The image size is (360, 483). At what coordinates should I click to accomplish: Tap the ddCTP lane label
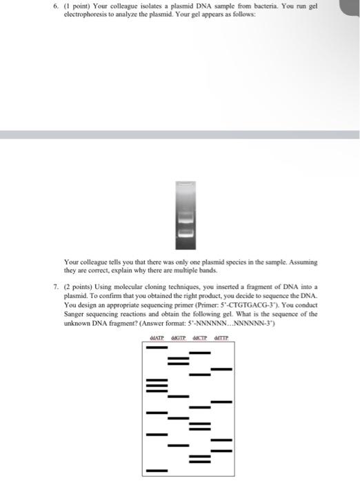200,337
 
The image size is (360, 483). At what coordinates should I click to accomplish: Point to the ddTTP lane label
221,337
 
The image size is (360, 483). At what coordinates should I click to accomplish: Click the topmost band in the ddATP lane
157,346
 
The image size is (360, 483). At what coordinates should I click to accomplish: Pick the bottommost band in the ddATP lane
157,471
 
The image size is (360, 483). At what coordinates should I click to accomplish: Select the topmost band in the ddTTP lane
221,369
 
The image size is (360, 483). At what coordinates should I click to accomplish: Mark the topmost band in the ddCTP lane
200,353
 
